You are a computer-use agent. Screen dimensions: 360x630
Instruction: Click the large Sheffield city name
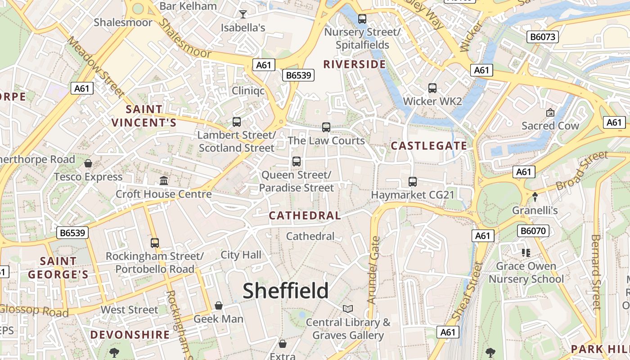[x=286, y=291]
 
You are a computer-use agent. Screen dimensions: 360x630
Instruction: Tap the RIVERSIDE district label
[x=355, y=64]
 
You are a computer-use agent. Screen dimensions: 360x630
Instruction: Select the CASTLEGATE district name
[x=429, y=145]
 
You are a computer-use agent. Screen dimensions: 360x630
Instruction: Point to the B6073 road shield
[x=543, y=37]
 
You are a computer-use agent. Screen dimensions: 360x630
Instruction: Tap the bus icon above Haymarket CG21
[x=413, y=182]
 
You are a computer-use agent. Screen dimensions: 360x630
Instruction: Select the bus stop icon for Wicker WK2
[x=432, y=88]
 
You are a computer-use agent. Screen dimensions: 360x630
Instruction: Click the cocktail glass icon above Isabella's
[x=243, y=14]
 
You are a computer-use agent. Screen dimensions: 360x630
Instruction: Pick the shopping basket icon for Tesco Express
[x=88, y=163]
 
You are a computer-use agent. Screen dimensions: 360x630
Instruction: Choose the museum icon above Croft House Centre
[x=164, y=181]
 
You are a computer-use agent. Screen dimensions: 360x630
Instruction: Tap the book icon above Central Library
[x=348, y=309]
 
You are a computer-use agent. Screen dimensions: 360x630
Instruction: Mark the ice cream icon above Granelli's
[x=535, y=197]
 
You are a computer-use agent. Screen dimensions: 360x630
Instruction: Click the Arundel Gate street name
[x=374, y=270]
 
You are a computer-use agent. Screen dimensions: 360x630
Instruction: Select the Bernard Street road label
[x=596, y=272]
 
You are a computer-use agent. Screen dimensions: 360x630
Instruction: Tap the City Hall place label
[x=241, y=255]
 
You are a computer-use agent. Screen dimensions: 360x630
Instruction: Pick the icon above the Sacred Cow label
[x=550, y=112]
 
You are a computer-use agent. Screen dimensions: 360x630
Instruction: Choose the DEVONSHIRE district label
[x=130, y=335]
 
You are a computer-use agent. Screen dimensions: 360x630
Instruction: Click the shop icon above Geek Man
[x=219, y=306]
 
